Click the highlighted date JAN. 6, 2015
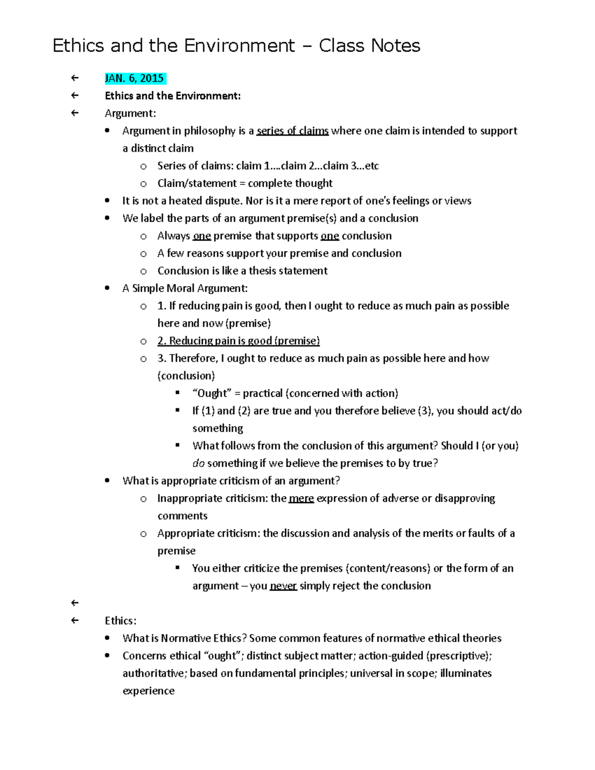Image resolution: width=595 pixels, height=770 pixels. point(134,78)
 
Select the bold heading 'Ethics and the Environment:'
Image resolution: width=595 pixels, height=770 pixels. point(173,96)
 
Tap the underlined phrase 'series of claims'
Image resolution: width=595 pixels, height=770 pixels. point(292,131)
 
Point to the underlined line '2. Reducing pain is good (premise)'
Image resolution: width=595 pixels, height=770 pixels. point(238,341)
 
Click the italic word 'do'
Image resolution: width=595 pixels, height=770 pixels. point(198,463)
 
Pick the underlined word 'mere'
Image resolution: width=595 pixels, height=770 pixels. point(301,498)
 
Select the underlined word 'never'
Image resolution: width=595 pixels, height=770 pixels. point(283,586)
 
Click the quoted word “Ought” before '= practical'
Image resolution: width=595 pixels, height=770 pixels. point(212,393)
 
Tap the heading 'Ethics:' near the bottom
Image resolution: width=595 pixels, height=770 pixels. point(120,621)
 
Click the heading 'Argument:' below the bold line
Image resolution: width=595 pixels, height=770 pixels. point(130,113)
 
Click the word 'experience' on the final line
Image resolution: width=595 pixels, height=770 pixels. point(148,691)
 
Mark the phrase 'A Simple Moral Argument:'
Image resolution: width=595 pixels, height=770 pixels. point(184,288)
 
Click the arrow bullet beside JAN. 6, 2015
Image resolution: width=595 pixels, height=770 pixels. point(74,78)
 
